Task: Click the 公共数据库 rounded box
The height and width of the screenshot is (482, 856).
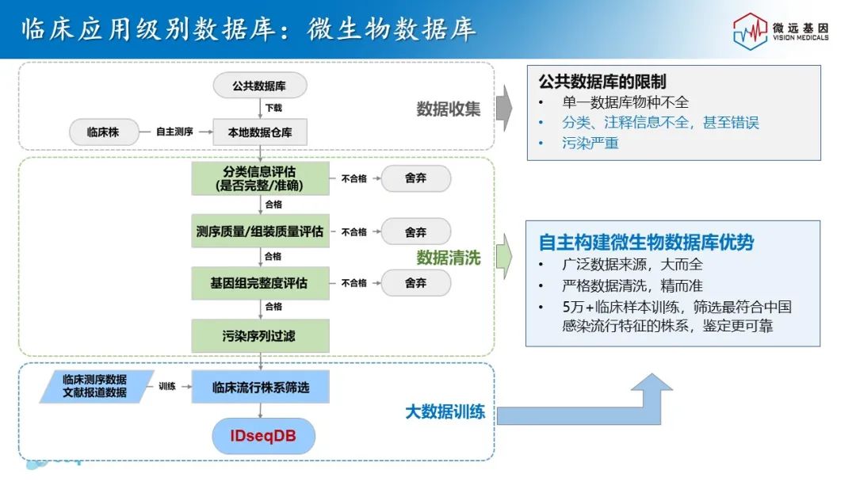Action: (259, 86)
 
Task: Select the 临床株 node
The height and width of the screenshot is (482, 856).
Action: (103, 132)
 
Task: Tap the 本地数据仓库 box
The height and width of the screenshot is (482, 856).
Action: (260, 132)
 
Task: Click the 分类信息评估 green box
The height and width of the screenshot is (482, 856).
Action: (260, 178)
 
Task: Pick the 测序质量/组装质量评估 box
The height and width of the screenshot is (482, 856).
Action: (260, 231)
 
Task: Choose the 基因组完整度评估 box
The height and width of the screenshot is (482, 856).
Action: (260, 283)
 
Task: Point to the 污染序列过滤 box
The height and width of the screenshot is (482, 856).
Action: (260, 336)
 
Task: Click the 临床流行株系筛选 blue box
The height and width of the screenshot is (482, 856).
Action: (260, 388)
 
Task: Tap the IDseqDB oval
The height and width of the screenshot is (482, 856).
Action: (263, 437)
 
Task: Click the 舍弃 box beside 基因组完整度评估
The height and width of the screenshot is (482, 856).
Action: (416, 282)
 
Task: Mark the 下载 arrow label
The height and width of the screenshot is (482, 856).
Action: (273, 108)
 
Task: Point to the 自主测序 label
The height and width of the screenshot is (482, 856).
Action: (174, 132)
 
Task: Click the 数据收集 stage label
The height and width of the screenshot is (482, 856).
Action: (449, 109)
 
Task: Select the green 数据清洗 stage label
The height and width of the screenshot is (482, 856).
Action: (449, 258)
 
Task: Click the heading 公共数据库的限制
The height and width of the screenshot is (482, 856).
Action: (602, 82)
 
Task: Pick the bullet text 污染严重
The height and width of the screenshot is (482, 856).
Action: (590, 143)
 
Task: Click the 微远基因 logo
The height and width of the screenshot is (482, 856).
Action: (780, 32)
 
